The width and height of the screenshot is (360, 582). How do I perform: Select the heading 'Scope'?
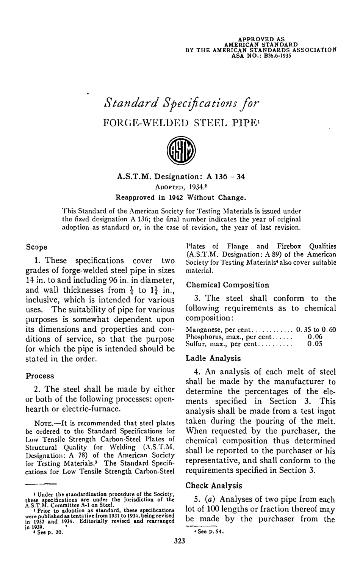click(x=37, y=247)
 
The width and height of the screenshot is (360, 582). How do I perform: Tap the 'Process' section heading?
click(x=40, y=376)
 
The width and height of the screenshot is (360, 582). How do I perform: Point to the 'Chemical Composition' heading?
click(x=227, y=285)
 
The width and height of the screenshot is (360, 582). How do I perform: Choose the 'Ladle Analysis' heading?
click(x=213, y=358)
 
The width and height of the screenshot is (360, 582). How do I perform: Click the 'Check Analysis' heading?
click(x=214, y=485)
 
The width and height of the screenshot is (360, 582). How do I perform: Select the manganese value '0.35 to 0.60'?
click(x=316, y=330)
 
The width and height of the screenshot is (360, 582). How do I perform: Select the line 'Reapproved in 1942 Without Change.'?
click(x=180, y=198)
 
